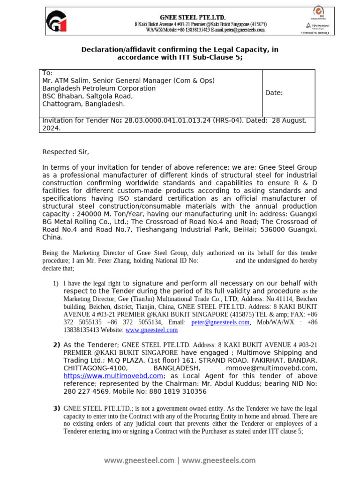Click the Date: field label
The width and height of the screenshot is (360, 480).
pyautogui.click(x=274, y=93)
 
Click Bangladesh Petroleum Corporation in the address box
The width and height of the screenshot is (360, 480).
pyautogui.click(x=99, y=88)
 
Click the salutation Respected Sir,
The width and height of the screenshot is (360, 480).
pyautogui.click(x=65, y=152)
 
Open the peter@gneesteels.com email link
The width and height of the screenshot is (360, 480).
pyautogui.click(x=220, y=322)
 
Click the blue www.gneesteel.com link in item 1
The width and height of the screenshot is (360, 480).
pyautogui.click(x=151, y=330)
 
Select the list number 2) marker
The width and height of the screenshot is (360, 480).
pyautogui.click(x=56, y=345)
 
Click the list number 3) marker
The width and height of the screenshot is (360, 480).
pyautogui.click(x=56, y=409)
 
